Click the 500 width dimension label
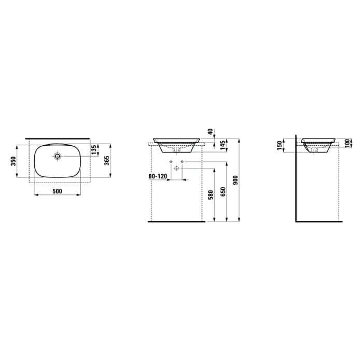pyautogui.click(x=57, y=191)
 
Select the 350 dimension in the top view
pyautogui.click(x=13, y=161)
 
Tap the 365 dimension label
pyautogui.click(x=107, y=160)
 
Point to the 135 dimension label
pyautogui.click(x=93, y=150)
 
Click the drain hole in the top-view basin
pyautogui.click(x=57, y=156)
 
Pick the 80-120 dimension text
pyautogui.click(x=158, y=176)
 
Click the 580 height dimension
pyautogui.click(x=211, y=195)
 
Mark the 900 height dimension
pyautogui.click(x=235, y=180)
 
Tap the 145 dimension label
pyautogui.click(x=223, y=145)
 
